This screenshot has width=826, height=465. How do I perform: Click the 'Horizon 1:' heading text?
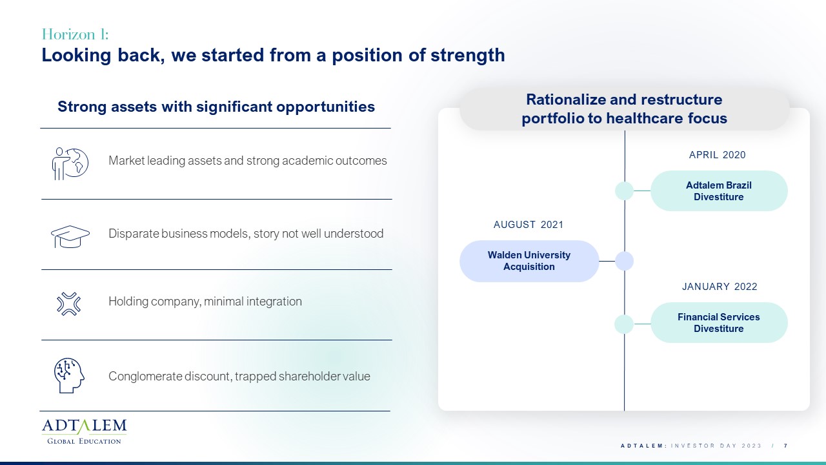coord(76,34)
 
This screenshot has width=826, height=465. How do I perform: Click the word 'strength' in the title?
coord(468,56)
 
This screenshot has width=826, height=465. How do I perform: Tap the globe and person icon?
coord(70,163)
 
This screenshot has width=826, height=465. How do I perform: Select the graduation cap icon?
coord(70,236)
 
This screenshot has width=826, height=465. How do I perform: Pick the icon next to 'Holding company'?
coord(68,304)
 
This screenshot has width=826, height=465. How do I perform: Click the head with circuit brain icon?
coord(69,375)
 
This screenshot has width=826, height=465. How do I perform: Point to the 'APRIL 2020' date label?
coord(717,154)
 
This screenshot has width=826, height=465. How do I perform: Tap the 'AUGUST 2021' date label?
coord(529,224)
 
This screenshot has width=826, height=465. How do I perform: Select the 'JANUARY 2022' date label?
coord(720,286)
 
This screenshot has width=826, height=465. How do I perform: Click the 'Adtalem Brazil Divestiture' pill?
coord(719,191)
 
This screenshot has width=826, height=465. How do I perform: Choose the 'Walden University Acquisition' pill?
coord(529,261)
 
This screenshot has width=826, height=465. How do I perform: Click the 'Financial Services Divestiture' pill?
coord(719,322)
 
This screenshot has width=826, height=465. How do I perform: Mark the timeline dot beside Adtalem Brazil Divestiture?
coord(624,191)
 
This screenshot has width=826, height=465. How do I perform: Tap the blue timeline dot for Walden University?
coord(624,261)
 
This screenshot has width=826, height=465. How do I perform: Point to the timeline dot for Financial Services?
coord(624,324)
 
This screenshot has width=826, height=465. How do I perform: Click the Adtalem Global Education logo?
coord(84,431)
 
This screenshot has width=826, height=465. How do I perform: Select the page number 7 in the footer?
coord(786,446)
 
